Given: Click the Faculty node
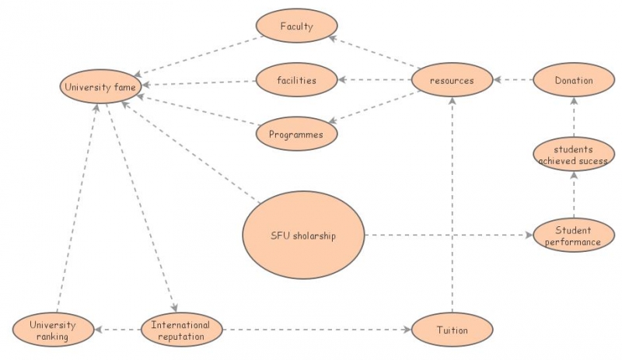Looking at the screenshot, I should [x=296, y=27].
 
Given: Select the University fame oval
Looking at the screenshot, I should [x=99, y=87].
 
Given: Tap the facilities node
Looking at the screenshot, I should [x=296, y=79].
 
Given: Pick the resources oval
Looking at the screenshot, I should [x=452, y=79].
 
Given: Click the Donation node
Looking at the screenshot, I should [x=574, y=80].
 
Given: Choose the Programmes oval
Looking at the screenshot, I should [x=296, y=134].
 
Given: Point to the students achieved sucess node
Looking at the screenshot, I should [x=574, y=155].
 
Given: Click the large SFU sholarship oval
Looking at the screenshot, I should [x=303, y=235].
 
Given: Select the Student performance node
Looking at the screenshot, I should [x=574, y=236].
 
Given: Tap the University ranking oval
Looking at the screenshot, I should [x=53, y=330].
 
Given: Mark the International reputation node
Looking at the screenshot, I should [x=180, y=330].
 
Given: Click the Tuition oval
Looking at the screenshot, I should [x=452, y=330].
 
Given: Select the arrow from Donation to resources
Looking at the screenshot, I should [x=513, y=80].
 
